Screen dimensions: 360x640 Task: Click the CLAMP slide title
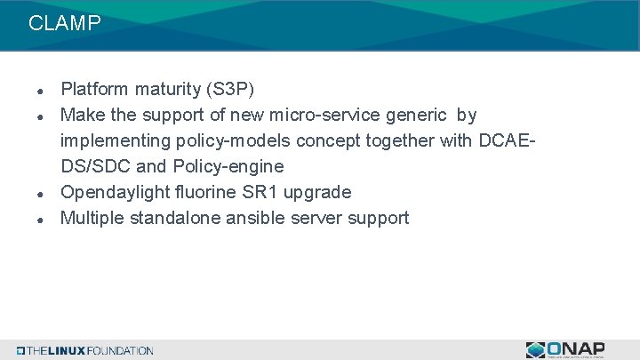click(65, 24)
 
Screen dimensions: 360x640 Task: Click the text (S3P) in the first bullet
click(229, 90)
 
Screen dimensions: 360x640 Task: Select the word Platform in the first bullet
click(92, 90)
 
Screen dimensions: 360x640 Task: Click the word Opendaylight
click(115, 193)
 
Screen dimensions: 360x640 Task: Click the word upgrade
click(319, 193)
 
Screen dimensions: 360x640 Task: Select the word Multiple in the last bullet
click(91, 219)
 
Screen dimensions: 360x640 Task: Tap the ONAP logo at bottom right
click(565, 349)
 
